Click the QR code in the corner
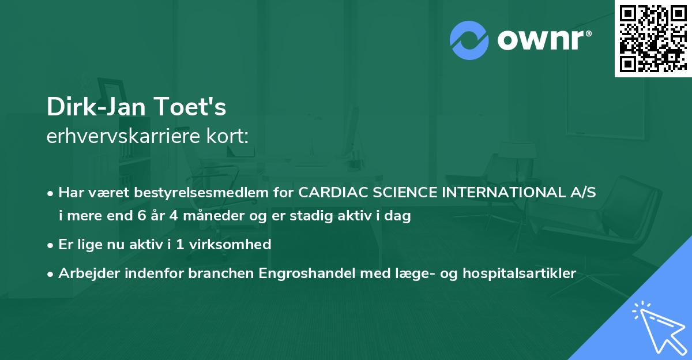tap(653, 38)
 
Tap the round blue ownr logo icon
tap(469, 40)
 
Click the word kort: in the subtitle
tap(228, 136)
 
